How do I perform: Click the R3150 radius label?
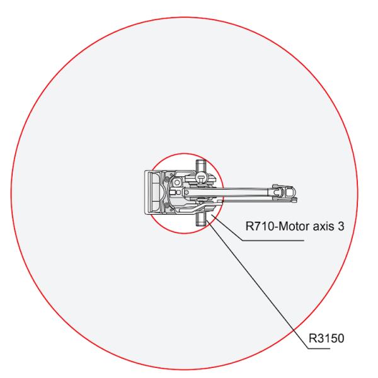pyautogui.click(x=326, y=338)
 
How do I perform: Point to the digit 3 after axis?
pyautogui.click(x=341, y=226)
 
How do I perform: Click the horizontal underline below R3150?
pyautogui.click(x=319, y=348)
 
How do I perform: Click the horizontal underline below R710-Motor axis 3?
pyautogui.click(x=273, y=241)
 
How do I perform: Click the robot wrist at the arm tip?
pyautogui.click(x=285, y=192)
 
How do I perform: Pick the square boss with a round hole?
pyautogui.click(x=177, y=183)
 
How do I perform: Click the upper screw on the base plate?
pyautogui.click(x=166, y=179)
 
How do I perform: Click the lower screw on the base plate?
pyautogui.click(x=166, y=205)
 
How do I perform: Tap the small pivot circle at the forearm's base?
pyautogui.click(x=186, y=192)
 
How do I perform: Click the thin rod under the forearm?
pyautogui.click(x=257, y=200)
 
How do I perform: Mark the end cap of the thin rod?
pyautogui.click(x=294, y=200)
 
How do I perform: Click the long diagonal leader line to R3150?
pyautogui.click(x=257, y=284)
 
